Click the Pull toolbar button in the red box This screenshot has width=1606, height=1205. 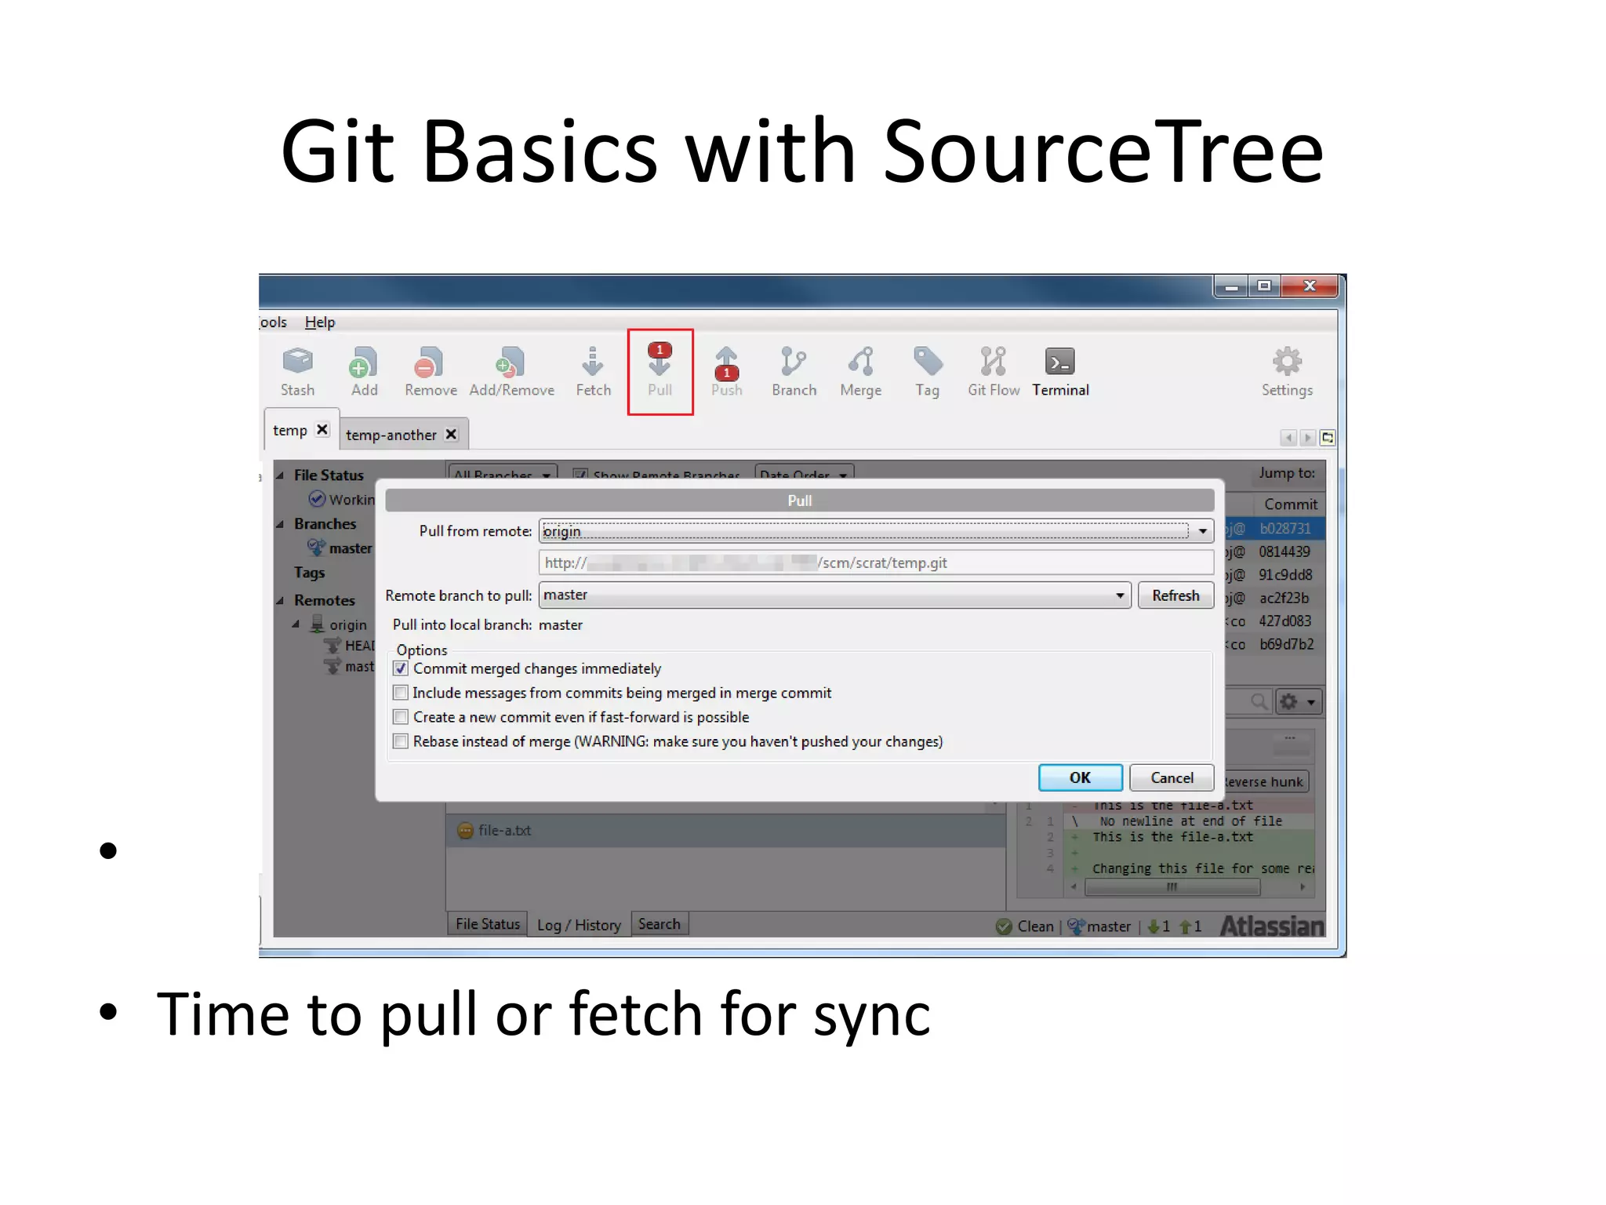(x=659, y=370)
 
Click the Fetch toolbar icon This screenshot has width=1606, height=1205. (x=593, y=370)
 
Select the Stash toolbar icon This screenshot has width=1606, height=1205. (x=297, y=370)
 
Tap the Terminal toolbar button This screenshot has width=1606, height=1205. (x=1060, y=370)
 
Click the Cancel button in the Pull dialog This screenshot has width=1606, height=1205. (x=1172, y=777)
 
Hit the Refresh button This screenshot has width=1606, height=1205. (x=1175, y=595)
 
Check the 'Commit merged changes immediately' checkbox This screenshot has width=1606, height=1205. (x=401, y=668)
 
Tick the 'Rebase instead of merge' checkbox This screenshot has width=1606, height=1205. (x=401, y=741)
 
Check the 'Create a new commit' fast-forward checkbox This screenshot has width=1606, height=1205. (x=401, y=717)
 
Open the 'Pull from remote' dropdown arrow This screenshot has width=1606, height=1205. (x=1202, y=531)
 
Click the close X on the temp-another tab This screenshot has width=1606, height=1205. (x=451, y=434)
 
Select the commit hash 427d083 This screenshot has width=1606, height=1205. (x=1284, y=621)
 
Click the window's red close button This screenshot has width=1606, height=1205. (x=1309, y=286)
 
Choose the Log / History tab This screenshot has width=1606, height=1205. (x=579, y=925)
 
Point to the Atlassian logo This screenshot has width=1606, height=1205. (x=1271, y=927)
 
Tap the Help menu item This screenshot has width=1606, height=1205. (x=319, y=322)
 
